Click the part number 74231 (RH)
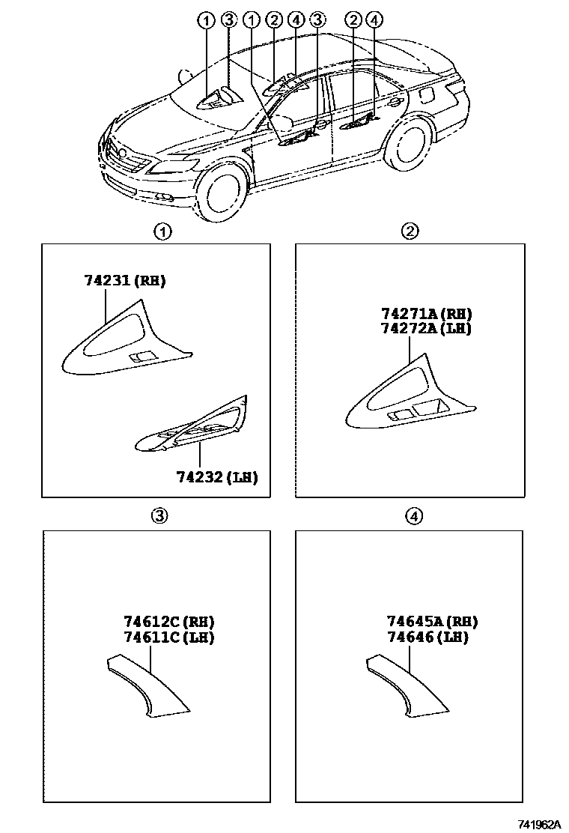(124, 282)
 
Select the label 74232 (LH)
(217, 477)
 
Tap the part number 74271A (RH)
(426, 314)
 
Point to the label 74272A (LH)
(426, 328)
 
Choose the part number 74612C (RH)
(169, 622)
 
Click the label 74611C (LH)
(169, 637)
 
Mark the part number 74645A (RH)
(432, 622)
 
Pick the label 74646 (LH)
(427, 637)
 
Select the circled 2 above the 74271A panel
(410, 231)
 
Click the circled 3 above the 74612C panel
(159, 515)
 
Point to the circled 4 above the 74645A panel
(415, 515)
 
